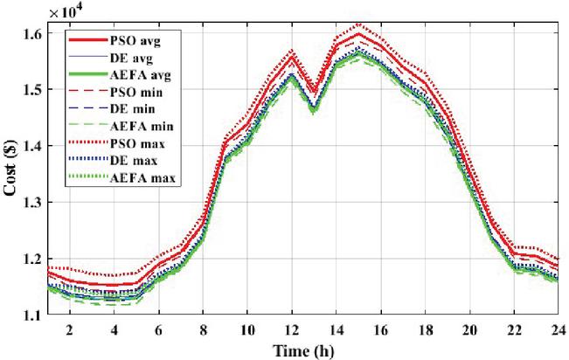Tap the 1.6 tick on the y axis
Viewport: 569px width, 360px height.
30,33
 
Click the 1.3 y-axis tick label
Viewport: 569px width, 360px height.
30,203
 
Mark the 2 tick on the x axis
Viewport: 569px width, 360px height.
68,329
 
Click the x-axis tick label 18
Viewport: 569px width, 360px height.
425,329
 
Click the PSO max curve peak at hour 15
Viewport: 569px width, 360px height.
358,24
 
